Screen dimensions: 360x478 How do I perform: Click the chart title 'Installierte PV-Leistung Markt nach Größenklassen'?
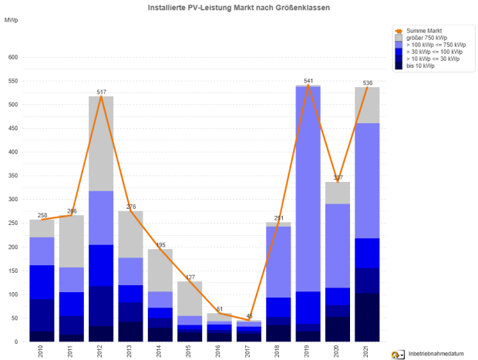238,6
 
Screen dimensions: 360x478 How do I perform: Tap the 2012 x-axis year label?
100,351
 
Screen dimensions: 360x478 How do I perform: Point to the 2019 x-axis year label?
308,351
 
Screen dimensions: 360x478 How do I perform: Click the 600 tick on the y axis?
12,57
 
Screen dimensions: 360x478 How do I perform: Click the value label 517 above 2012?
101,92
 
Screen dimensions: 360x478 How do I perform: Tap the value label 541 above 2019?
308,80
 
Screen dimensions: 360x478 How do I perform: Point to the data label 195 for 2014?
160,244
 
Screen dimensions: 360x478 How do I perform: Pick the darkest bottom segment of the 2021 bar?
367,317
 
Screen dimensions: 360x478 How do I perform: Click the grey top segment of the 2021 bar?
367,105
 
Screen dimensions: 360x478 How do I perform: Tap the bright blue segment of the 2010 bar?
42,281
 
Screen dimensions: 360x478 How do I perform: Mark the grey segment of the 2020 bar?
338,193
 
